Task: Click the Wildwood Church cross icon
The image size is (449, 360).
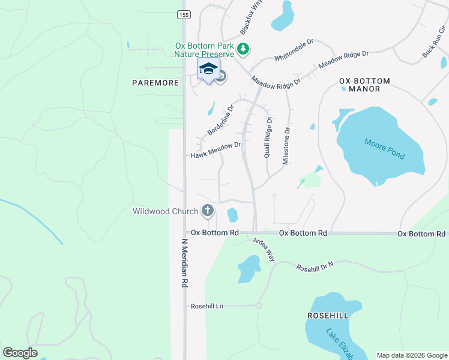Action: (x=208, y=211)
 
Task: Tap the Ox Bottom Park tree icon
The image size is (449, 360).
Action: (x=243, y=49)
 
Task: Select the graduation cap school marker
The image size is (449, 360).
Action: (x=208, y=68)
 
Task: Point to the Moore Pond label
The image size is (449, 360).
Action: (x=385, y=148)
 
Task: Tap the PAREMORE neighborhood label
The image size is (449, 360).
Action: (x=155, y=83)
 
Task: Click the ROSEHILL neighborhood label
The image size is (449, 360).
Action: (x=328, y=315)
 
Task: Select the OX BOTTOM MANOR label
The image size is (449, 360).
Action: (x=364, y=85)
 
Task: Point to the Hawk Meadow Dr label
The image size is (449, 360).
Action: (x=215, y=150)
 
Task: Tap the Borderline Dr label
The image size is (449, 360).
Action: (x=220, y=120)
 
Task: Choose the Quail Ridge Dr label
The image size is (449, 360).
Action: (x=268, y=137)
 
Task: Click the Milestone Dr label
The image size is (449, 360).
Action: (x=286, y=146)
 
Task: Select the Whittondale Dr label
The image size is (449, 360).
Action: (x=294, y=50)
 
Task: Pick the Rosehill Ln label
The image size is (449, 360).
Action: (x=207, y=306)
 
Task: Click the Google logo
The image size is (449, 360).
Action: (x=20, y=353)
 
